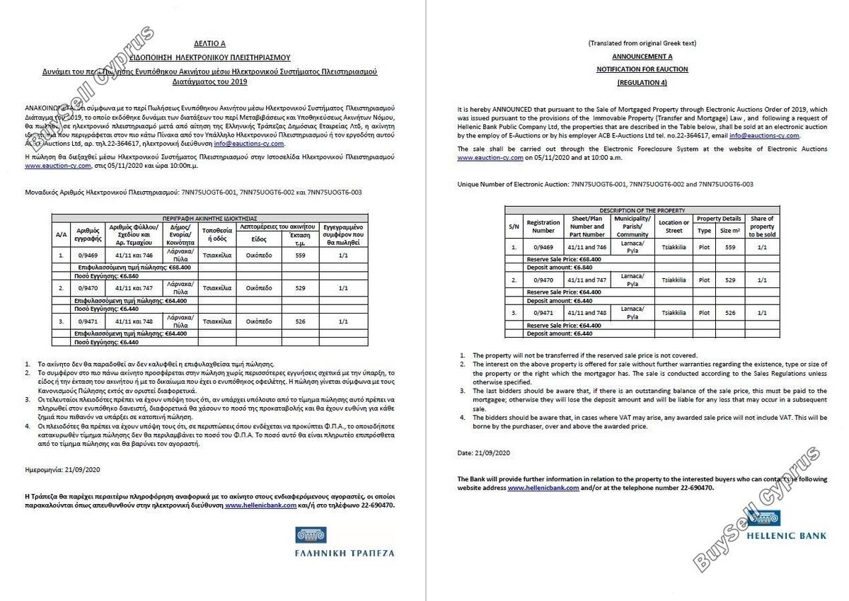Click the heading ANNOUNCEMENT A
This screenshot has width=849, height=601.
pos(642,56)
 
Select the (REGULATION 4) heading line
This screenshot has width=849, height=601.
pos(642,83)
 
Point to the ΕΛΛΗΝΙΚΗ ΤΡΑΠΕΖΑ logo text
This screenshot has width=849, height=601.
pos(345,553)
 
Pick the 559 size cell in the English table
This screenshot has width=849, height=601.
pos(729,247)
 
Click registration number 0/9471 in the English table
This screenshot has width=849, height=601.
pos(543,312)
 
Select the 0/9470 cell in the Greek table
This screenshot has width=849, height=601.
pos(87,289)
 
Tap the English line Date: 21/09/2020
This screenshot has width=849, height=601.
pos(484,452)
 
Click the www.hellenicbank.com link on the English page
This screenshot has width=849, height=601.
pos(543,488)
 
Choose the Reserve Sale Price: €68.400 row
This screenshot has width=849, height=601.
pos(564,259)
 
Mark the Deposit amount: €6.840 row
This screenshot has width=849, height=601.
pos(560,268)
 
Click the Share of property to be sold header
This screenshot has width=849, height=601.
pos(761,227)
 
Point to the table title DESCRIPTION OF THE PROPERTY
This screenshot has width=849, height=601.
pos(642,210)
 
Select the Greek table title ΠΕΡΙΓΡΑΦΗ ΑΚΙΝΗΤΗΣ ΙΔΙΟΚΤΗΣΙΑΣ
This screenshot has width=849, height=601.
pos(209,219)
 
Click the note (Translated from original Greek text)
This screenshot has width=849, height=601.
pos(642,43)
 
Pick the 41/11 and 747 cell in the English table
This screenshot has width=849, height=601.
pos(587,280)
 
